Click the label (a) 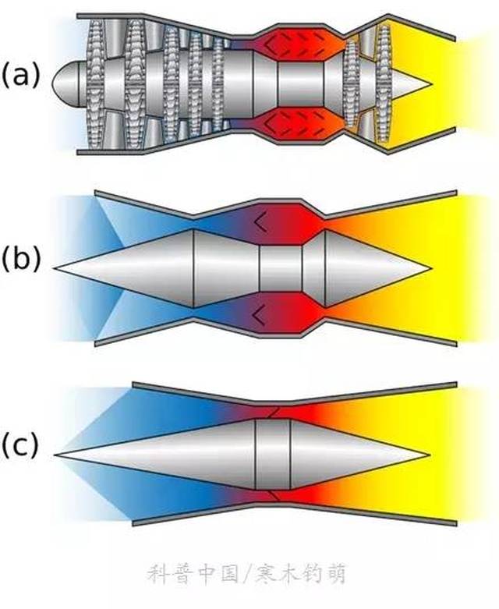[x=20, y=76]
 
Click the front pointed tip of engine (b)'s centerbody [x=55, y=268]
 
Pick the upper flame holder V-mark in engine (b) [x=260, y=222]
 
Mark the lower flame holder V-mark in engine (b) [x=260, y=314]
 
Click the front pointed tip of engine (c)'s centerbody [x=55, y=454]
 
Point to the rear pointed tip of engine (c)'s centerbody [x=428, y=454]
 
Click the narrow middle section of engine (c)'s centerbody [x=273, y=455]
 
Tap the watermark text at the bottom [x=247, y=574]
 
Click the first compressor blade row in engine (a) [x=96, y=84]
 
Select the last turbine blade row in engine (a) [x=384, y=84]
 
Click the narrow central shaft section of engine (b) [x=281, y=268]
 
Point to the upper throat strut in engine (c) [x=273, y=412]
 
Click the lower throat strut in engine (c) [x=273, y=496]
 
